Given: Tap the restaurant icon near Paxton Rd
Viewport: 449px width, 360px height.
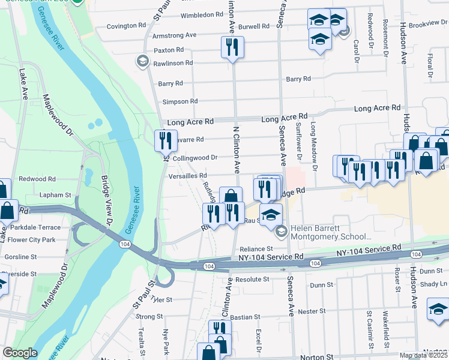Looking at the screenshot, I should coord(232,47).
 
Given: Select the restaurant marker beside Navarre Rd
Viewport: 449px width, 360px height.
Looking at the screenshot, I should coord(164,141).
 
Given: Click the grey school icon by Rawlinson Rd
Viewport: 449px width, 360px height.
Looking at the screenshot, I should coord(142,61).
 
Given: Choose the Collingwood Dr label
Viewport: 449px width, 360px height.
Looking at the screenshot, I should coord(194,158).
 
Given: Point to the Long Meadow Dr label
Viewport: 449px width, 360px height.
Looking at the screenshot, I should coord(313,143).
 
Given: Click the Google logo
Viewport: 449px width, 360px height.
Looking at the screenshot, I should coord(20,353).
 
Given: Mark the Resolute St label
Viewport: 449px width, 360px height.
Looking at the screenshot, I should coord(252,280).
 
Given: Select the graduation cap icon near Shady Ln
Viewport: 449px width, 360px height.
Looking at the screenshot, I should coord(438,310).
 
